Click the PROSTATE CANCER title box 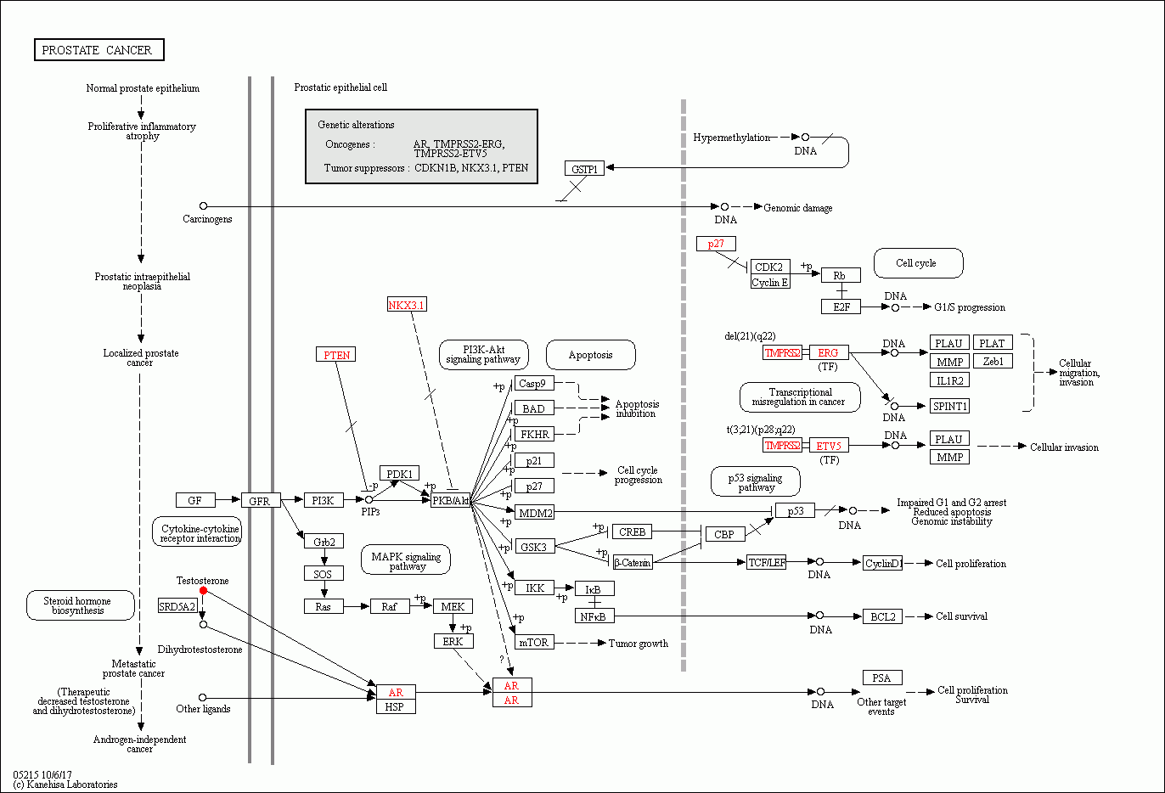(98, 50)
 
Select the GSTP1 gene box (584, 169)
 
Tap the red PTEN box (336, 355)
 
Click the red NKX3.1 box (407, 305)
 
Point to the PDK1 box (399, 474)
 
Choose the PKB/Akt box (450, 501)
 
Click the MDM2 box (535, 513)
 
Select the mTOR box (534, 643)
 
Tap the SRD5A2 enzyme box (177, 606)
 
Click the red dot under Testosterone (203, 590)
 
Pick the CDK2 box (769, 267)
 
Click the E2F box (841, 307)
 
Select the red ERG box (828, 352)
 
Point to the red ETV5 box (829, 446)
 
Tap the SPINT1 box (949, 406)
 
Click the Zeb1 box (993, 361)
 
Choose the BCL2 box (883, 616)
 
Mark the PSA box (882, 678)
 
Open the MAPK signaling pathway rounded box (406, 560)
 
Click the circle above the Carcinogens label (203, 206)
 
